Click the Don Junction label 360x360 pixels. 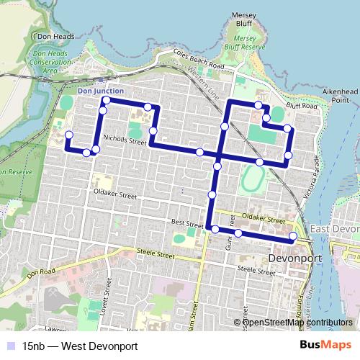click(x=100, y=91)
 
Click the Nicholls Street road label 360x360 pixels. click(x=125, y=143)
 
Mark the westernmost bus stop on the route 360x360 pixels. click(x=69, y=135)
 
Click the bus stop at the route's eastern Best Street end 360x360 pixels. click(x=293, y=236)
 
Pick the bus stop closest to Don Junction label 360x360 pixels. click(x=106, y=101)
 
